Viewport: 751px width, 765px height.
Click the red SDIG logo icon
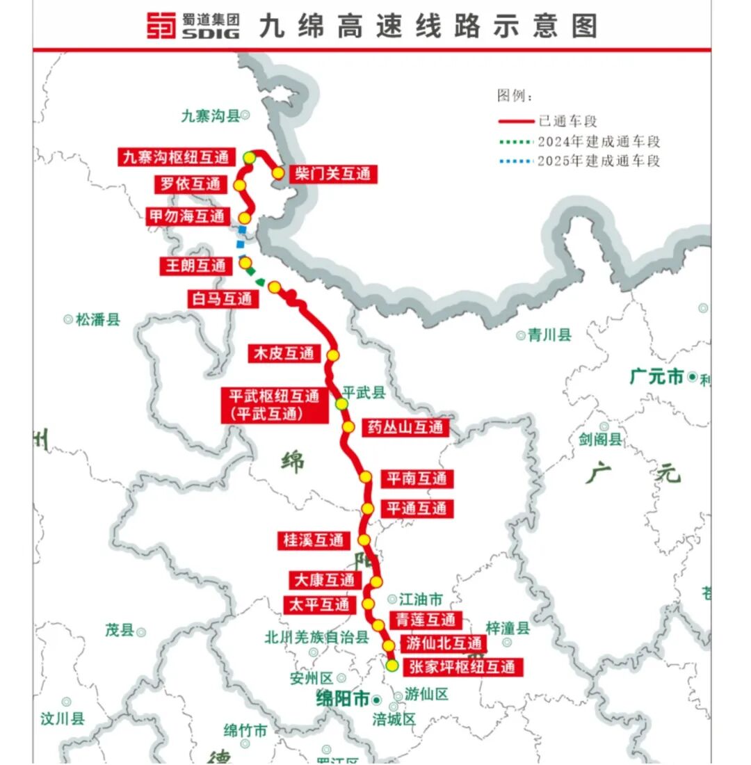click(x=161, y=26)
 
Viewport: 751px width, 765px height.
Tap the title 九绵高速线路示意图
click(x=428, y=26)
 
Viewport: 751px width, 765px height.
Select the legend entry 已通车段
click(x=567, y=121)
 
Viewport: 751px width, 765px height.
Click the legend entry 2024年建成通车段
click(x=598, y=142)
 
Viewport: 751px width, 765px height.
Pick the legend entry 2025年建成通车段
click(x=598, y=161)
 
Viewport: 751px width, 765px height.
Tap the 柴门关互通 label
click(x=332, y=174)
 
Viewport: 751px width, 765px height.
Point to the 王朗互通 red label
click(x=194, y=266)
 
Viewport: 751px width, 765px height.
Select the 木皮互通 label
click(x=284, y=354)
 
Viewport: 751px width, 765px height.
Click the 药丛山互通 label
click(x=405, y=427)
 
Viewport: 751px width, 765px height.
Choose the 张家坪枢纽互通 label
click(x=462, y=666)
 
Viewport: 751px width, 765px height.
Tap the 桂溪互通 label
click(x=313, y=540)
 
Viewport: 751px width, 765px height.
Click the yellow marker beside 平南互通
click(x=365, y=477)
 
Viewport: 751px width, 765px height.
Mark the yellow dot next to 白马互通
click(x=274, y=287)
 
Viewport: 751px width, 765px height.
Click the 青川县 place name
click(x=549, y=335)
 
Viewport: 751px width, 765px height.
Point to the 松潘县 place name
click(x=97, y=320)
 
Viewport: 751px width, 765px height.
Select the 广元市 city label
click(x=657, y=377)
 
